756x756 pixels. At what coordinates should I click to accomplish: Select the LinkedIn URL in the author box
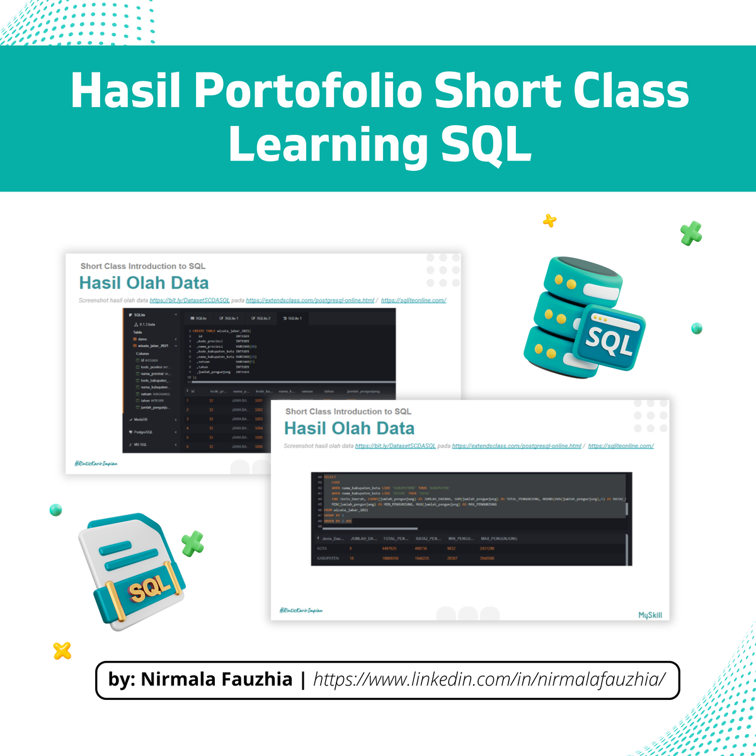pyautogui.click(x=490, y=679)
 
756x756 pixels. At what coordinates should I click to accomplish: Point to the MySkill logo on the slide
pyautogui.click(x=650, y=615)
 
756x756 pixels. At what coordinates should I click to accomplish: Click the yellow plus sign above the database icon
pyautogui.click(x=550, y=220)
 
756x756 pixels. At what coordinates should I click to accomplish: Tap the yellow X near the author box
pyautogui.click(x=62, y=650)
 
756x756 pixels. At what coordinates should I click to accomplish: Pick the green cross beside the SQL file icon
pyautogui.click(x=193, y=543)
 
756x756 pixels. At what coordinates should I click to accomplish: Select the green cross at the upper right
pyautogui.click(x=691, y=233)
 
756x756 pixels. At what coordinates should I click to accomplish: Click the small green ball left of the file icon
pyautogui.click(x=56, y=510)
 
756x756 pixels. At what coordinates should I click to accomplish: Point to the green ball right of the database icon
pyautogui.click(x=696, y=328)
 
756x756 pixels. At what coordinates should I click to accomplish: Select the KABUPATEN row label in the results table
pyautogui.click(x=328, y=558)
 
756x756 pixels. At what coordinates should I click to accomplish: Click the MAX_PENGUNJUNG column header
pyautogui.click(x=498, y=539)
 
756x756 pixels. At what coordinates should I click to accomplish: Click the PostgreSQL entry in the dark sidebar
pyautogui.click(x=143, y=432)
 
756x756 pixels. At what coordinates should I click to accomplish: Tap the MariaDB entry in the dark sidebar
pyautogui.click(x=140, y=420)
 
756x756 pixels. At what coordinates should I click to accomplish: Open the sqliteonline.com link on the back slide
pyautogui.click(x=413, y=301)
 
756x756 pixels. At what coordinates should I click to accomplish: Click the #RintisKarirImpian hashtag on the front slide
pyautogui.click(x=301, y=610)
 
